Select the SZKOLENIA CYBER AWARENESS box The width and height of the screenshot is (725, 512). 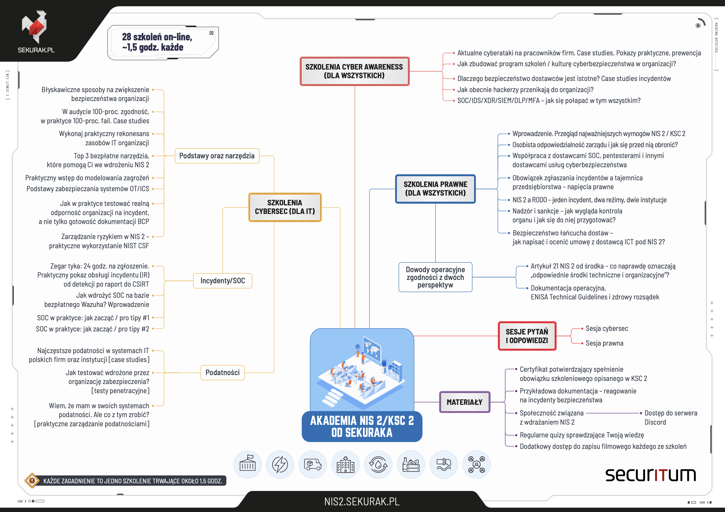[x=355, y=71]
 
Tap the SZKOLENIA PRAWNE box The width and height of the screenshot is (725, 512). [x=436, y=189]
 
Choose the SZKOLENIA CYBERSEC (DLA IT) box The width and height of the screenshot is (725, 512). [x=285, y=207]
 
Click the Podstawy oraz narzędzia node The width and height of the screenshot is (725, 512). [x=217, y=156]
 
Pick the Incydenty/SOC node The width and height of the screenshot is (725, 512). [x=222, y=281]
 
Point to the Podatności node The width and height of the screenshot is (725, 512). [x=222, y=373]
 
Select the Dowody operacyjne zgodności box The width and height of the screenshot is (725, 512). [x=436, y=277]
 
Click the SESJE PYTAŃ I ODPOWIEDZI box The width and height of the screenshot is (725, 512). [x=527, y=336]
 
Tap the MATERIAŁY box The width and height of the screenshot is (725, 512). [x=464, y=402]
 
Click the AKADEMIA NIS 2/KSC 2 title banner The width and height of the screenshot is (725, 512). [x=362, y=426]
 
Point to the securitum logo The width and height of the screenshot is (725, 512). [x=651, y=475]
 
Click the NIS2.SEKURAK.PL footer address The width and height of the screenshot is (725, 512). [x=362, y=501]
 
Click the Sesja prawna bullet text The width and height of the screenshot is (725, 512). [x=604, y=343]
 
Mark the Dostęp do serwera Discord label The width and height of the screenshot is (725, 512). [x=671, y=417]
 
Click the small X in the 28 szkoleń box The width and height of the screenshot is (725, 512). [x=212, y=33]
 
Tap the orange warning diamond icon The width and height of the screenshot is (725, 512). [x=32, y=481]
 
